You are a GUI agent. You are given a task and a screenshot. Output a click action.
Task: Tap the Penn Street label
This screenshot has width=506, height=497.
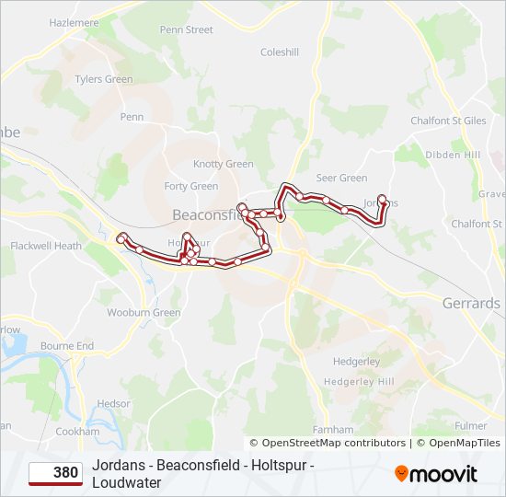point(186,29)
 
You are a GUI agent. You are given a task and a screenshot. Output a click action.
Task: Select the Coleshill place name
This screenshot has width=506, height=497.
point(280,52)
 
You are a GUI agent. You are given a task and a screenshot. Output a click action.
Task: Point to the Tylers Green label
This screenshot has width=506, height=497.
point(104,79)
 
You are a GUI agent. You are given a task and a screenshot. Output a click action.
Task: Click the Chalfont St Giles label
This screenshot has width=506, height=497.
point(448,120)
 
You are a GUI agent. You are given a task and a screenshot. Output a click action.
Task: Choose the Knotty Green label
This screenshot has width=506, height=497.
point(223,164)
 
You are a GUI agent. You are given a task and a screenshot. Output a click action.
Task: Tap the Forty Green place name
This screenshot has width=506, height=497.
point(190,186)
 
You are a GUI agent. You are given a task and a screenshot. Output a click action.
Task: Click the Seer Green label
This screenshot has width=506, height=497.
point(341,178)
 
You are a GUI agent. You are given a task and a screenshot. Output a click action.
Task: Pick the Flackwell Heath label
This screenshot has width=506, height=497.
point(46,246)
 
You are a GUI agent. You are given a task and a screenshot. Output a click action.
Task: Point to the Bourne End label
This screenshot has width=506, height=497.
point(67,346)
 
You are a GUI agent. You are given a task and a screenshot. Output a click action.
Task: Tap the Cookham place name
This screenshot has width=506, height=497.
point(77,431)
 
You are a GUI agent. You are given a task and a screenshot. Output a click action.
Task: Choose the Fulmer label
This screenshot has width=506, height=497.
point(471,426)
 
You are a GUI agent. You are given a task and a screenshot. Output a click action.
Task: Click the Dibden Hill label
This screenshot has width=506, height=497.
point(454,155)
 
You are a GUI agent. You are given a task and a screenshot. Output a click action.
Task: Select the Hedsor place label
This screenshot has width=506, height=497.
point(114,403)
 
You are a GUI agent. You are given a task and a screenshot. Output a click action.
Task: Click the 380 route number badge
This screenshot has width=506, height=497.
point(54,473)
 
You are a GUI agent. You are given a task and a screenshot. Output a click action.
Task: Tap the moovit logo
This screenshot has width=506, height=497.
point(436,474)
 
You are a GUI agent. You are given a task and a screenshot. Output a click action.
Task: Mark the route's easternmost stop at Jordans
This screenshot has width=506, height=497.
point(382,199)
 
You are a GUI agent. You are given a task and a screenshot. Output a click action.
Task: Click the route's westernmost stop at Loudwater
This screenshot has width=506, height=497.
point(121,239)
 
